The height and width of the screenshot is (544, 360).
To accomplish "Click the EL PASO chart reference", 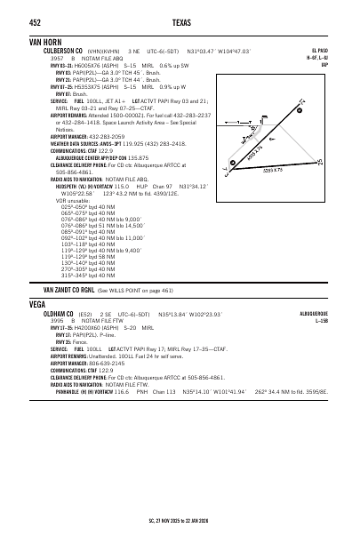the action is [321, 51].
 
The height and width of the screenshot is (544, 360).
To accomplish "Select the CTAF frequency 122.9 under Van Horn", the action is [105, 152].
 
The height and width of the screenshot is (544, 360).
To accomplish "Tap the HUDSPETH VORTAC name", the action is [70, 184].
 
